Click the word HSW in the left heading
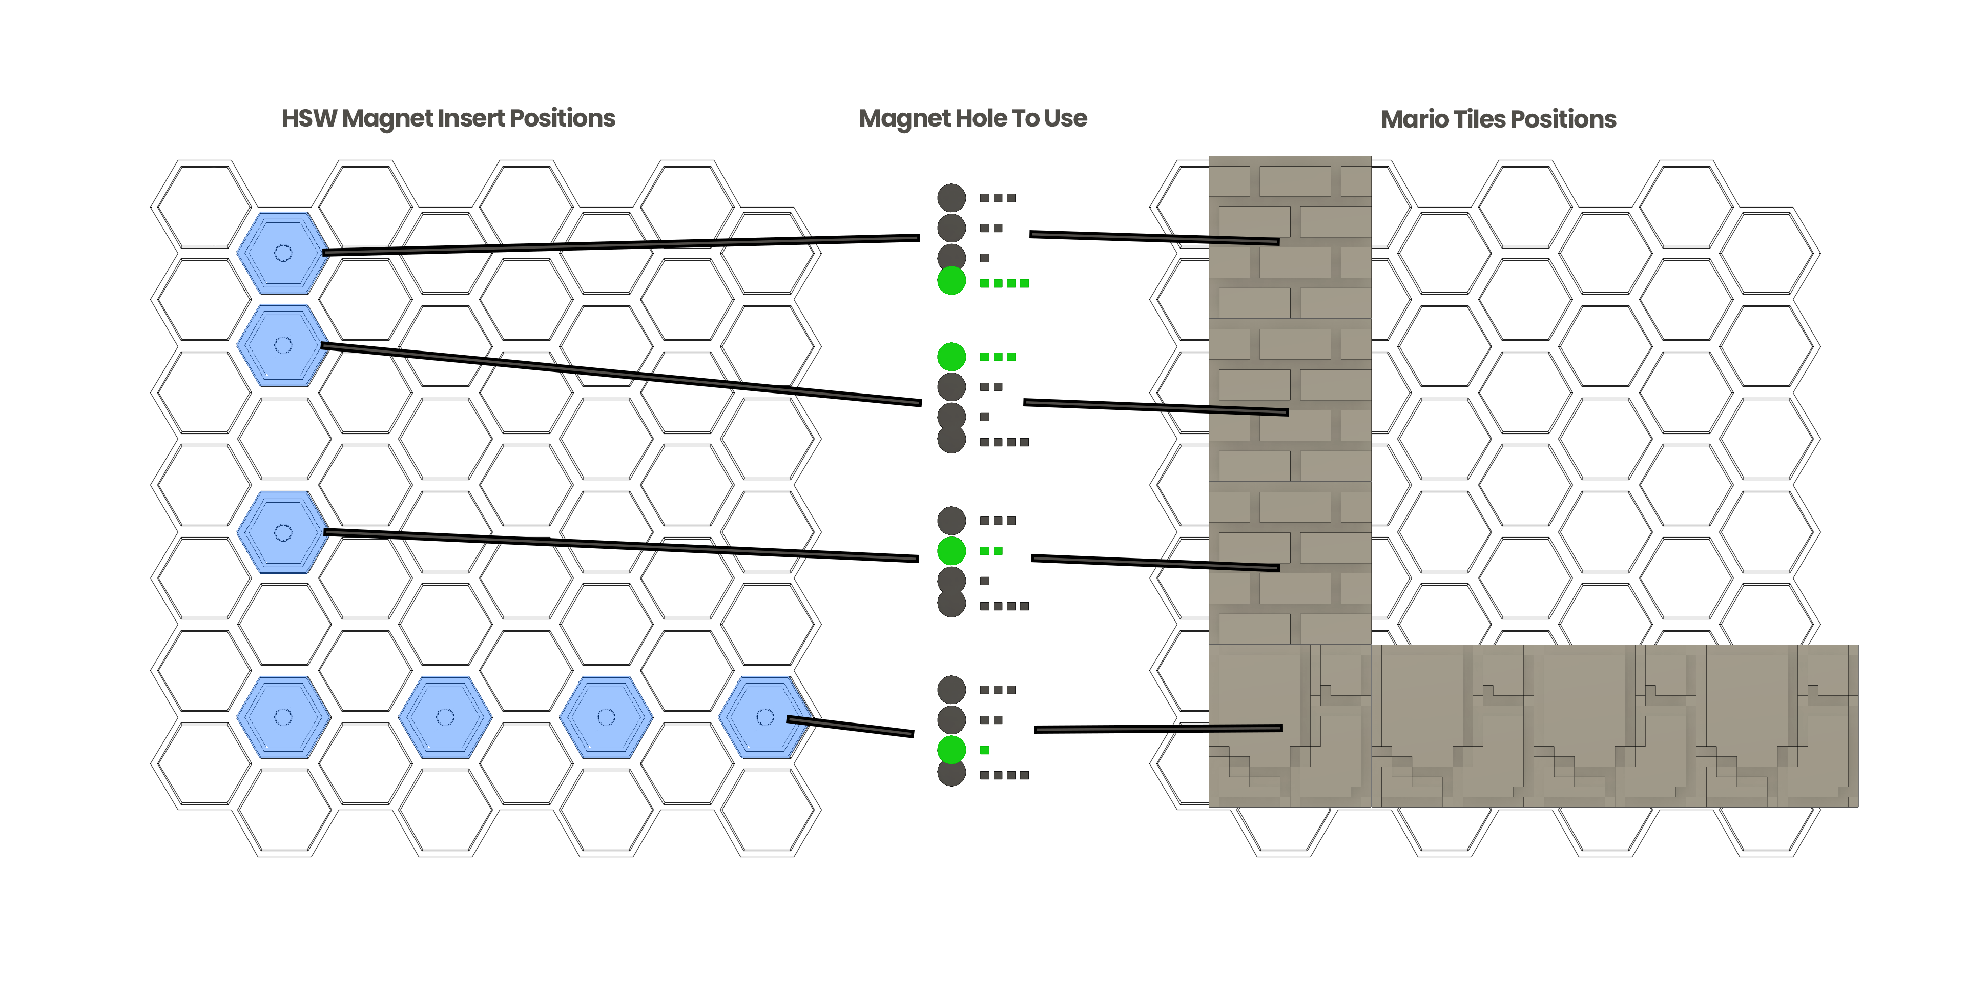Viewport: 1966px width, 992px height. (x=308, y=119)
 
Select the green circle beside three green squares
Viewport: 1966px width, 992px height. (x=951, y=356)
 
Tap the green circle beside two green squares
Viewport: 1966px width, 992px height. (x=951, y=550)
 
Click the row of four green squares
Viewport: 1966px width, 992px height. (x=1004, y=284)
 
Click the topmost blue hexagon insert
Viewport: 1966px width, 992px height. (x=283, y=253)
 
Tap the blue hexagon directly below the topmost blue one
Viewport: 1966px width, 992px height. (x=283, y=345)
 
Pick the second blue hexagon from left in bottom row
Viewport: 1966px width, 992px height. (x=445, y=716)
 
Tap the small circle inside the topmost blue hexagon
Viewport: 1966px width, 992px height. (x=283, y=253)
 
